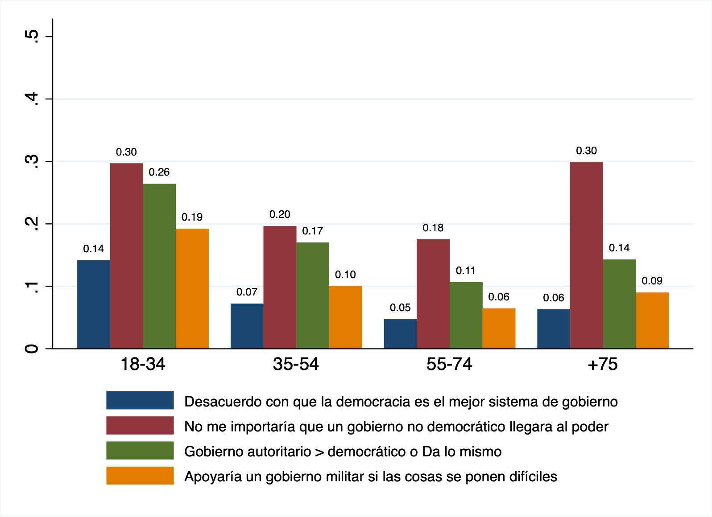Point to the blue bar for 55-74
coord(400,334)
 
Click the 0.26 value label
coord(159,172)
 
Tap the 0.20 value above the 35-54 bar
coord(280,215)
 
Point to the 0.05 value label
coord(400,308)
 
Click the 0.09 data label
coord(652,281)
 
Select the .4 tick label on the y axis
coord(32,99)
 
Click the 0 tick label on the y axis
coord(32,349)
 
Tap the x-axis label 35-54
coord(296,365)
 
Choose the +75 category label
coord(603,365)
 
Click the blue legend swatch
coord(140,400)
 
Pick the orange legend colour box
coord(140,476)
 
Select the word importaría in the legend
coord(261,427)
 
